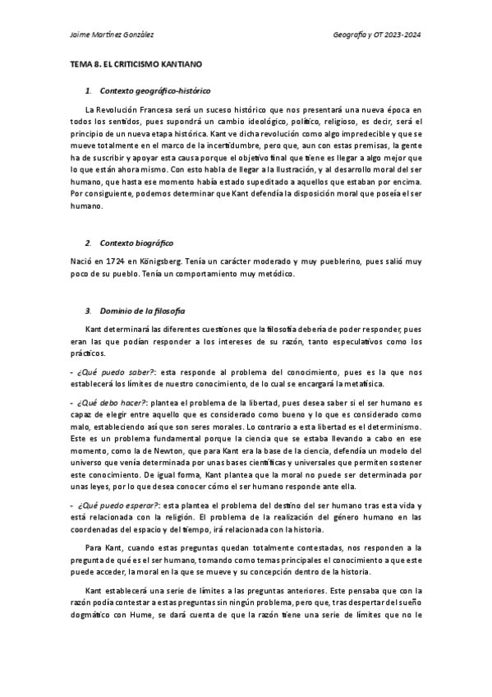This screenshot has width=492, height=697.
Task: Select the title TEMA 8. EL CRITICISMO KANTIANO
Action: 136,62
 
